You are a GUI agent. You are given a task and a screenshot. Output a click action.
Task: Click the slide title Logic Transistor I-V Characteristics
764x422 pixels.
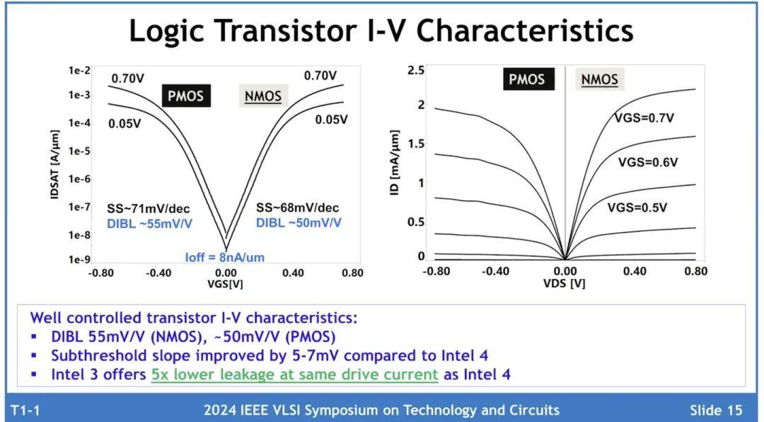381,31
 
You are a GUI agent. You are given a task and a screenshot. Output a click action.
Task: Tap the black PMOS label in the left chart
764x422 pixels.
185,96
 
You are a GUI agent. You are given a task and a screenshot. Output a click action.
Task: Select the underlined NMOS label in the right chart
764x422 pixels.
599,79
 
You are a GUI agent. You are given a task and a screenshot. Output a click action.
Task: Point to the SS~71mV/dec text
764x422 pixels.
149,208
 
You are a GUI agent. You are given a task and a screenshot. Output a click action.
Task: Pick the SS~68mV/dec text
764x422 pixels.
297,207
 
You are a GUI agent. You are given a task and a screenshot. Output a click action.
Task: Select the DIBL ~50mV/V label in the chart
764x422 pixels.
298,222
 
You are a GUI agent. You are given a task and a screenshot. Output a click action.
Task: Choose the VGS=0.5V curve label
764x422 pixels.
637,207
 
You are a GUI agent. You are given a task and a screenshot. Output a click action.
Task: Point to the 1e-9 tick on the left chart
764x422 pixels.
79,260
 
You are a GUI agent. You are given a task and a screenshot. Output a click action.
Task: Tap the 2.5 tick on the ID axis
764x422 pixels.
417,69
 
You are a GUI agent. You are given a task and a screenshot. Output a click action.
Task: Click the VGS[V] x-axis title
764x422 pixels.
225,284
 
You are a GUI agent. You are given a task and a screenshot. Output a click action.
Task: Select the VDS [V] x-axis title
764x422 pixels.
564,283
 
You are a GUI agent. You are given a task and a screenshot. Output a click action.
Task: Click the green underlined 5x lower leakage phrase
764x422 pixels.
294,375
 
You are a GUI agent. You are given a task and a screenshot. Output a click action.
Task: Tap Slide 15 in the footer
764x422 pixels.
716,410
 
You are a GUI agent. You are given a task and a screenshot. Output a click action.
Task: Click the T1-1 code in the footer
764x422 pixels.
25,410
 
